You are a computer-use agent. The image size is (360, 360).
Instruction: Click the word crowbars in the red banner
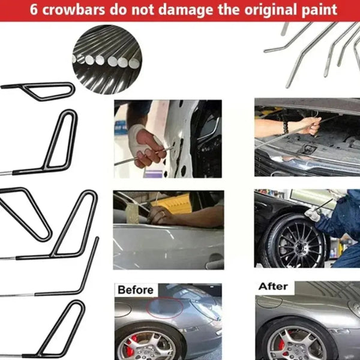79,11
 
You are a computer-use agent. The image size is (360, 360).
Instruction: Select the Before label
135,290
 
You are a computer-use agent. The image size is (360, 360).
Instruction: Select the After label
273,286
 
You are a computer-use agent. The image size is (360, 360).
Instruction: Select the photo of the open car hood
307,137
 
